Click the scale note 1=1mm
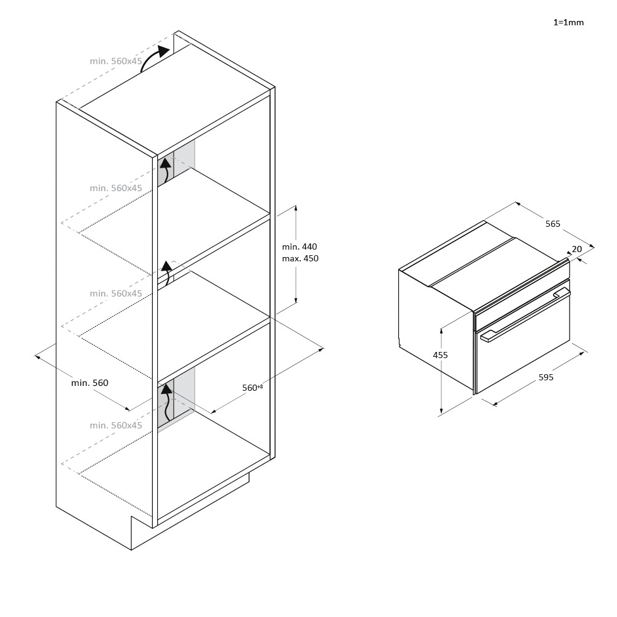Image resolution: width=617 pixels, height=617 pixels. tap(568, 22)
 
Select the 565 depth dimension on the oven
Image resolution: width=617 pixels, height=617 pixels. tap(552, 224)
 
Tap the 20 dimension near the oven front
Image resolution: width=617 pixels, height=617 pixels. tap(577, 249)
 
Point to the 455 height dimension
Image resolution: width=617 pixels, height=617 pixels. tap(440, 355)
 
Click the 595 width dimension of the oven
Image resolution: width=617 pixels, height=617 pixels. tap(545, 377)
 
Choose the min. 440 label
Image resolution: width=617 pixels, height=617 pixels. tap(300, 247)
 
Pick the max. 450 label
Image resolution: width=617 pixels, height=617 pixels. tap(300, 258)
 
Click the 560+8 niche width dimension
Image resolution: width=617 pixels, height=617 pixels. tap(252, 388)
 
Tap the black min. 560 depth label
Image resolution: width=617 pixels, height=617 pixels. tap(90, 383)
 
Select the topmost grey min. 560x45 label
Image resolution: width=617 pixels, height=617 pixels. tap(116, 61)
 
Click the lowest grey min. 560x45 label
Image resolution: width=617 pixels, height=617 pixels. tap(116, 425)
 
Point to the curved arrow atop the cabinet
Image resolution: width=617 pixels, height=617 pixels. tap(154, 58)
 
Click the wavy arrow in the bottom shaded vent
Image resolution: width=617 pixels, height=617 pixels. tap(167, 402)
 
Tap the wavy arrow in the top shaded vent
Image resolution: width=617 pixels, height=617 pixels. tap(166, 170)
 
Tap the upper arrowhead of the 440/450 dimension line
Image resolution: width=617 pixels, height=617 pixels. tap(295, 208)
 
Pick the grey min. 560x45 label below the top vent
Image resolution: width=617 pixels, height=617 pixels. tap(116, 188)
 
